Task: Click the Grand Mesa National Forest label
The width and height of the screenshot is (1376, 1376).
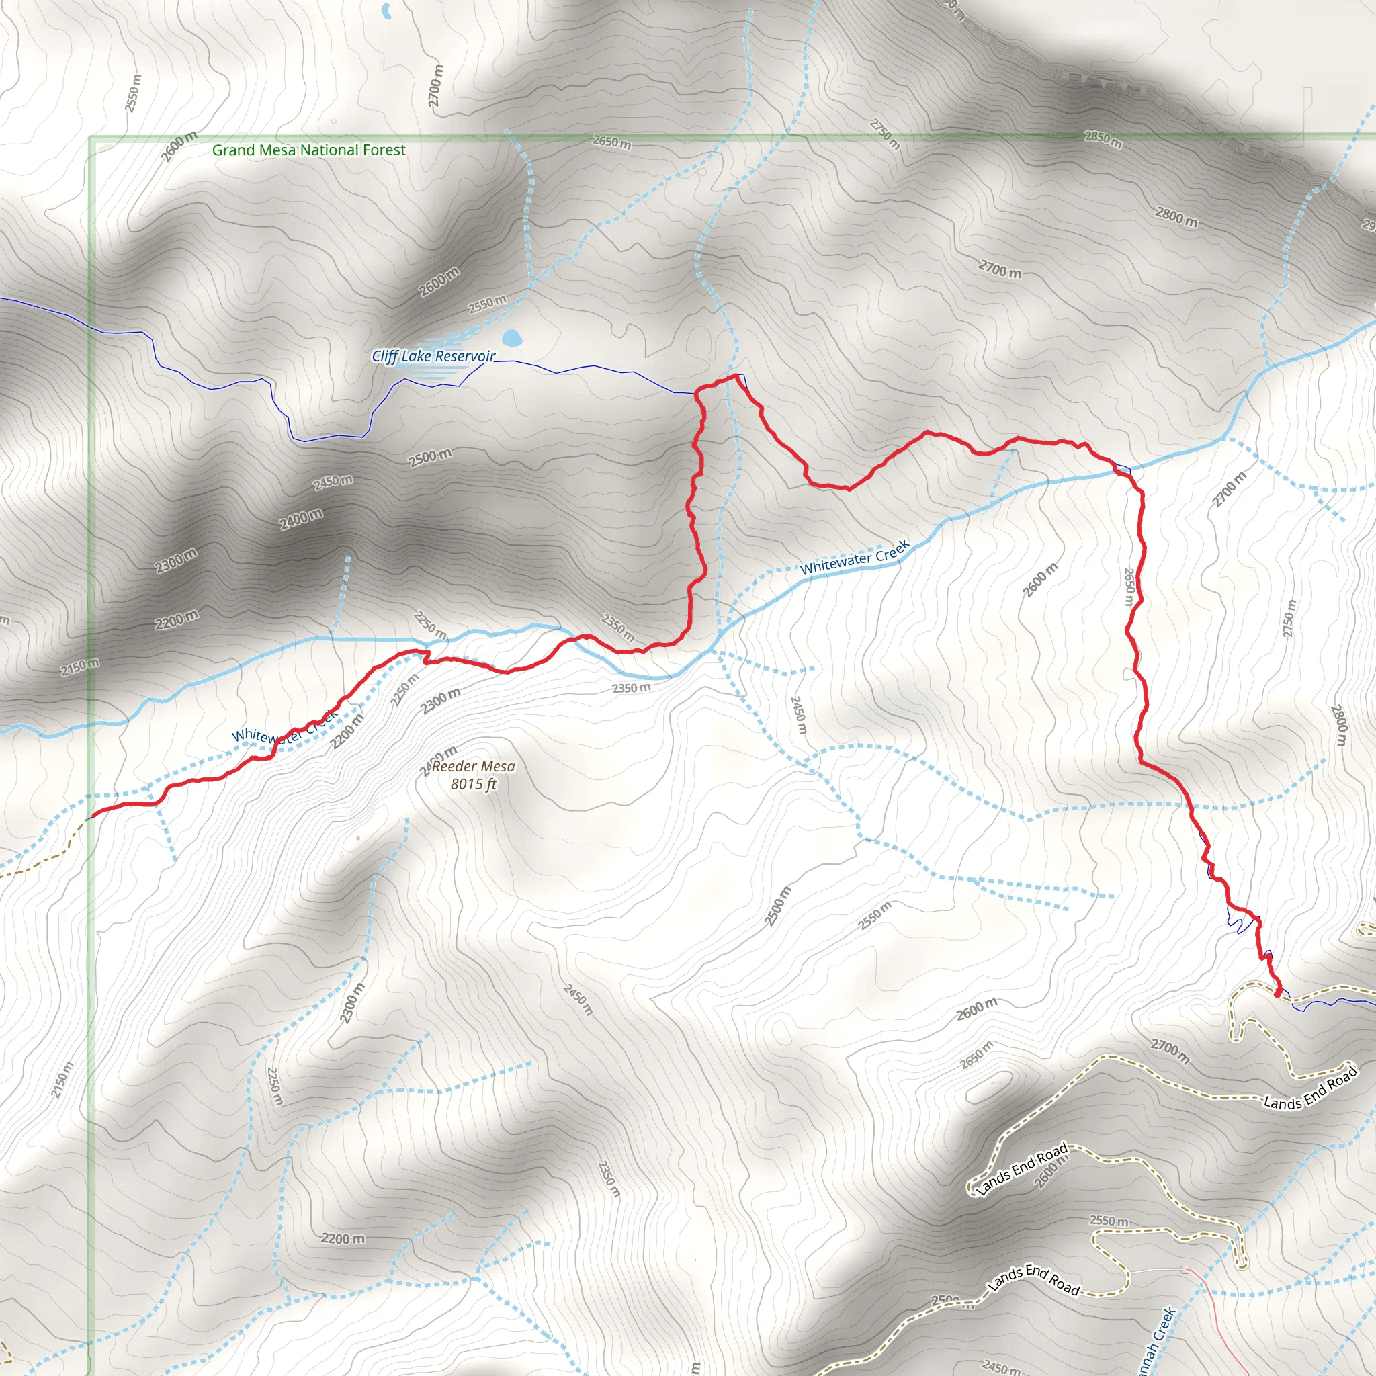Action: pos(308,150)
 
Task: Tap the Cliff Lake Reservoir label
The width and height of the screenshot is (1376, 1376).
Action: pos(433,356)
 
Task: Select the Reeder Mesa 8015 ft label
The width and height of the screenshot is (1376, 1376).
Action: pos(474,775)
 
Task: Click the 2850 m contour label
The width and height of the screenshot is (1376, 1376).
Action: pos(1103,139)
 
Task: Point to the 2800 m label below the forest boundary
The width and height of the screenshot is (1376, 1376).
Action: pos(1176,216)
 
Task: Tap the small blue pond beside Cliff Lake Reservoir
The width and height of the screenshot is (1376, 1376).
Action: pos(511,337)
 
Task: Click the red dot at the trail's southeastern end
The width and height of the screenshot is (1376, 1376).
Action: pos(1278,993)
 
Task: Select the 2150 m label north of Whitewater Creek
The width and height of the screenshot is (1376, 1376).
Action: pos(80,667)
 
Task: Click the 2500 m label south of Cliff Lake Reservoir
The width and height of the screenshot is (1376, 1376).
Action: pos(430,458)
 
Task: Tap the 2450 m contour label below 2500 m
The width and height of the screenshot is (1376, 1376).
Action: pos(333,482)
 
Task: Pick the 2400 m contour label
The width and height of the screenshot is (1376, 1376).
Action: pos(300,519)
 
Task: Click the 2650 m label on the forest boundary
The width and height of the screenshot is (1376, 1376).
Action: pos(611,142)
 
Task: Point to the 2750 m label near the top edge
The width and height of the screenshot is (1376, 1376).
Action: pos(886,134)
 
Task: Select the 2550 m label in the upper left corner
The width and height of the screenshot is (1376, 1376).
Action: pos(133,93)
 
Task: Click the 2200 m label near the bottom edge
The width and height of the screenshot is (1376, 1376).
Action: pos(343,1238)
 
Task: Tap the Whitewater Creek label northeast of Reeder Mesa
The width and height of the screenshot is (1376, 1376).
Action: pos(855,557)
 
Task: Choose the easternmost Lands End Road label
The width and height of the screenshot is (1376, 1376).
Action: pos(1310,1088)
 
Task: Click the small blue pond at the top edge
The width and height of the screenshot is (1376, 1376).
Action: pos(386,11)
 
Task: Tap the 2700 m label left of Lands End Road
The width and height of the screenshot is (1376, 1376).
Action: pos(1170,1051)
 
